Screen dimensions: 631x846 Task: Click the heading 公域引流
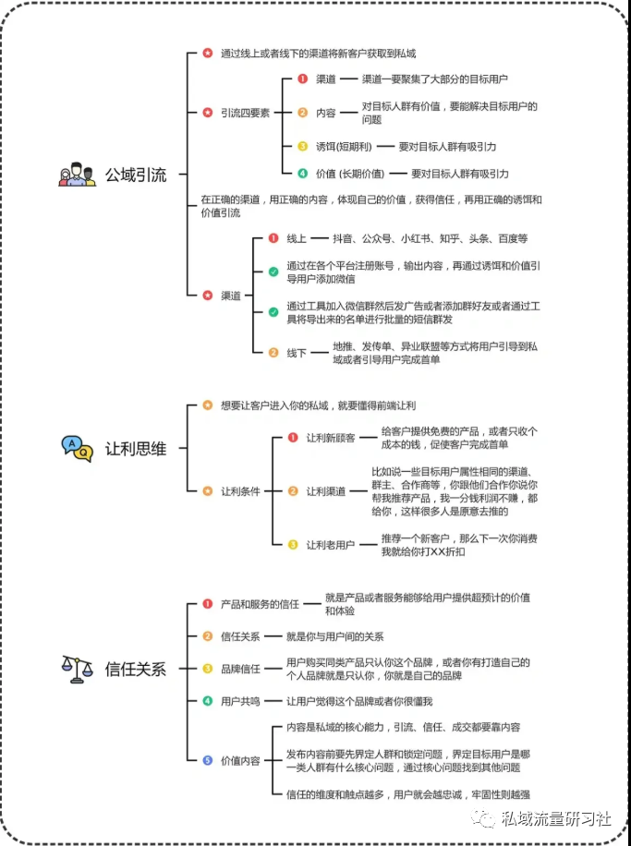tap(136, 175)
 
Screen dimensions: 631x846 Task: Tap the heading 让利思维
tap(136, 448)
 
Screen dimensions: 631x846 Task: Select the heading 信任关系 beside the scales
tap(136, 669)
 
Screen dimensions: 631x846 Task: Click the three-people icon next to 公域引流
tap(78, 175)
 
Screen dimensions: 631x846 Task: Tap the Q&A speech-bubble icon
tap(78, 448)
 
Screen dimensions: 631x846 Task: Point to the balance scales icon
tap(78, 669)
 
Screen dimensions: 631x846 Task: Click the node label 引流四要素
tap(245, 113)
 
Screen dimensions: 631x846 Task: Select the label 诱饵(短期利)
tap(344, 147)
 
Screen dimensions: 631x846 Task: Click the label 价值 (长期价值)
tap(350, 174)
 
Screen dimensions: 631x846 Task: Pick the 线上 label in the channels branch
tap(297, 238)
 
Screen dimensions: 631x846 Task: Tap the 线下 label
tap(297, 353)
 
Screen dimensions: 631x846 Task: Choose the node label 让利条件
tap(240, 491)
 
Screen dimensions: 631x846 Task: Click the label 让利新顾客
tap(331, 438)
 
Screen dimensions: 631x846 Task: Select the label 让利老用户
tap(331, 545)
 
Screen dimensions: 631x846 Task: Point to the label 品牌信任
tap(240, 669)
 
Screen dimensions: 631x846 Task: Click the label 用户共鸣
tap(240, 701)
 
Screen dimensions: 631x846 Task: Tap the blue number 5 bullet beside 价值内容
tap(208, 760)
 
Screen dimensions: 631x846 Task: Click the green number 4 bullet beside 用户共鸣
tap(208, 701)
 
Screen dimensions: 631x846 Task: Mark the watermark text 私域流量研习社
tap(555, 818)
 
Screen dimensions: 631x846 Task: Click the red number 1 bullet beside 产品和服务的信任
tap(208, 604)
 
